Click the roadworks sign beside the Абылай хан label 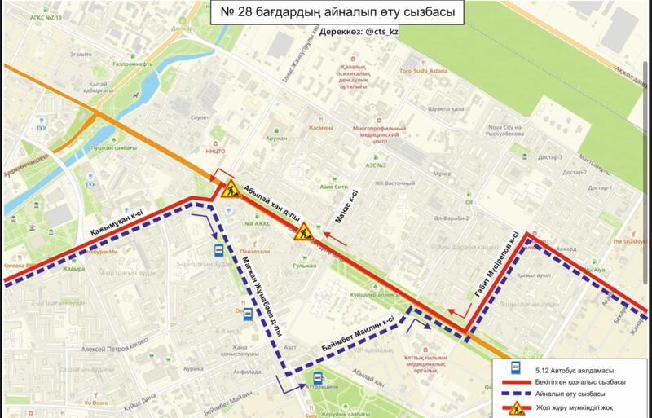(x=227, y=191)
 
